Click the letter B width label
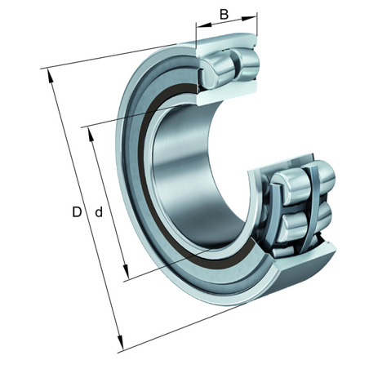224,14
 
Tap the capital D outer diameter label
77,211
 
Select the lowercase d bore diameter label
99,211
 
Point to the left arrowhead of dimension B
203,25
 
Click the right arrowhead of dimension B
249,18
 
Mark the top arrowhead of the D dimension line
51,76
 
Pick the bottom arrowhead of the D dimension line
120,342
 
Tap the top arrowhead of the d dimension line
91,135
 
